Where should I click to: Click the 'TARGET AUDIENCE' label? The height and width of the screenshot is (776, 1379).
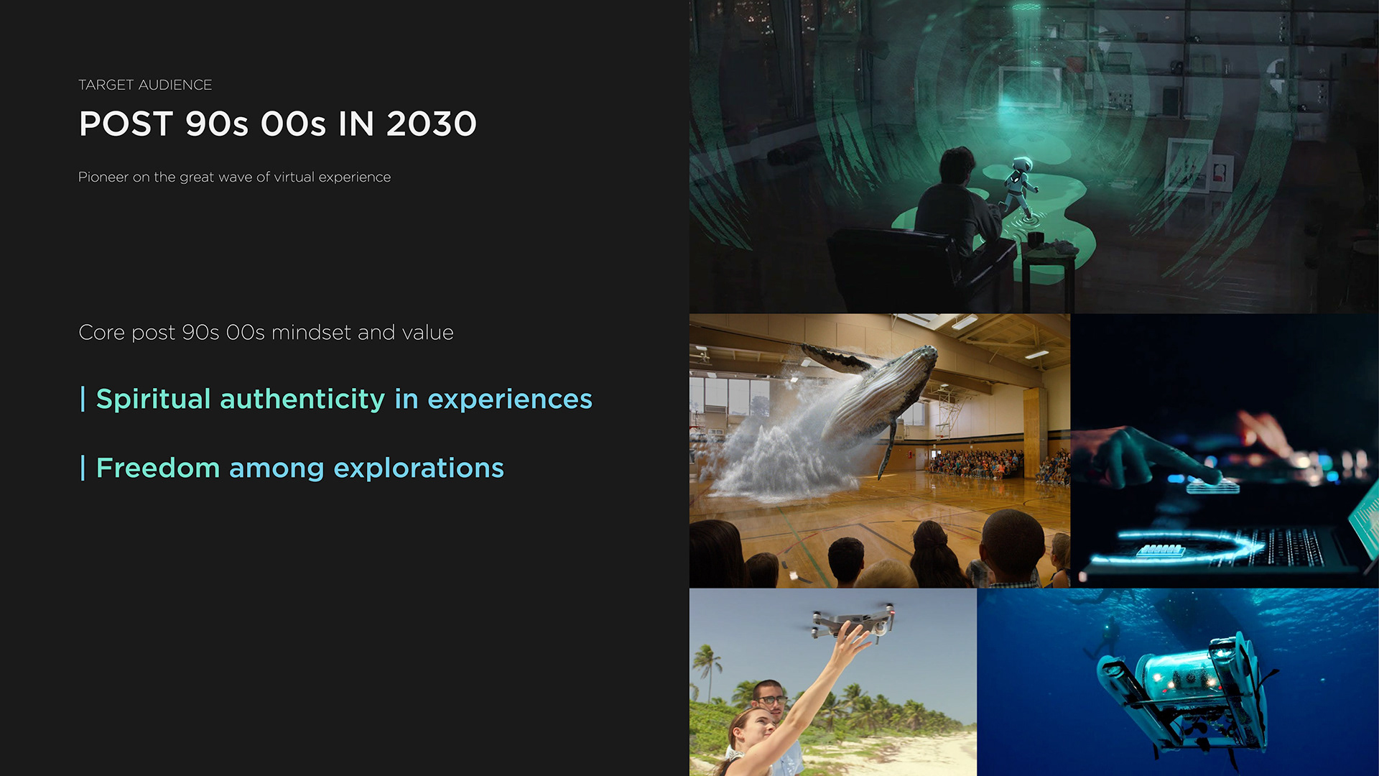point(144,85)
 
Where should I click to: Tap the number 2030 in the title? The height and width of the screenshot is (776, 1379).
point(431,124)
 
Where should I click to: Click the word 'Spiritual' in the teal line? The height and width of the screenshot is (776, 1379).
point(153,399)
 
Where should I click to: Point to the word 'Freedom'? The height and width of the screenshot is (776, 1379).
point(158,468)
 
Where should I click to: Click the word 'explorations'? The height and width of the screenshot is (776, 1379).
point(419,468)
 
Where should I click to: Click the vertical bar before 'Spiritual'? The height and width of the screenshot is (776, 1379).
point(83,399)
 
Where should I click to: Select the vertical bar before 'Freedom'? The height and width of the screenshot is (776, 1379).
point(83,468)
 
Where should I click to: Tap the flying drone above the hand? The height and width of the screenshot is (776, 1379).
point(853,622)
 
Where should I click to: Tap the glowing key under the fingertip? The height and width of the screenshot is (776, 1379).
point(1212,486)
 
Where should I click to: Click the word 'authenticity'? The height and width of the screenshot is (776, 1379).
point(302,399)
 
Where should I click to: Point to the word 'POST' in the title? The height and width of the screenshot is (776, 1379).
point(126,124)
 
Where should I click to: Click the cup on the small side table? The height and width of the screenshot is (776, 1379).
point(1035,239)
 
